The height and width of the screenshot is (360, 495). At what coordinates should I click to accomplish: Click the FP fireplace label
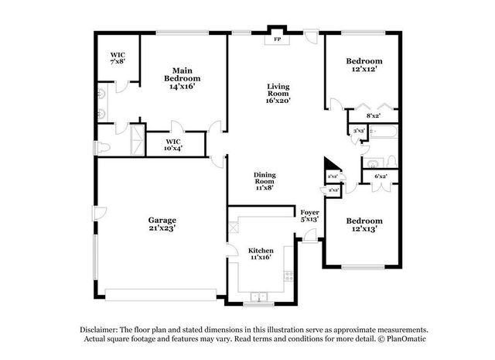point(276,38)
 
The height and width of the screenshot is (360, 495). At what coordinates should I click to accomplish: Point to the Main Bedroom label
point(182,78)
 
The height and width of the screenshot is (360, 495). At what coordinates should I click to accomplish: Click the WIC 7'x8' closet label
point(117,58)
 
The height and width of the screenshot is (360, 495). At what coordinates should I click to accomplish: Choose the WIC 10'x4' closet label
point(173,146)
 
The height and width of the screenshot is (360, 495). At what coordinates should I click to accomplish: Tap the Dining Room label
point(265,180)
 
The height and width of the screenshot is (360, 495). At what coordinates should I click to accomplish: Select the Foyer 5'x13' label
point(309,215)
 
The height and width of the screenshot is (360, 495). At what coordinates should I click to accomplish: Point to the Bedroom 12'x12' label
point(364,65)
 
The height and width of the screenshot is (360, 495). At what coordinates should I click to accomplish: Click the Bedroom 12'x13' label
point(364,224)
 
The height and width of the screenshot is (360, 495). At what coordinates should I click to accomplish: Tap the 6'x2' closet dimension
point(381,177)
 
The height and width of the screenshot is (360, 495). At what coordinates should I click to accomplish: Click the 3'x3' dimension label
point(359,132)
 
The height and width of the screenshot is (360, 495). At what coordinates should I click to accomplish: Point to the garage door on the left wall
point(97,212)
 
